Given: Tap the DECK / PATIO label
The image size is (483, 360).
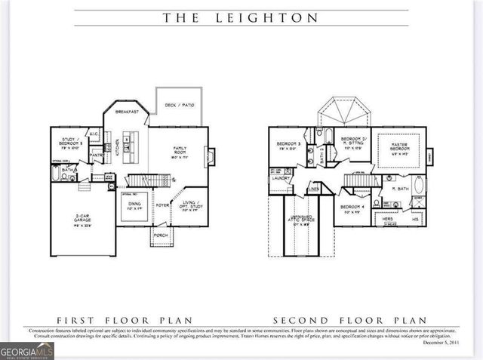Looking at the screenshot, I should (179, 105).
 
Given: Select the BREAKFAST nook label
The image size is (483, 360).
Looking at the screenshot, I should (127, 112).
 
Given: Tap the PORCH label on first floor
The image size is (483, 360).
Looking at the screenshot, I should (161, 235).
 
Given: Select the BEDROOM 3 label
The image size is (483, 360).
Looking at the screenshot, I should (289, 145).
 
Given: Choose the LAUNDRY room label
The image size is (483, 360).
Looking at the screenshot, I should (281, 179).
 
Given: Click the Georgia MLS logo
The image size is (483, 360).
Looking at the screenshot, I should (27, 351).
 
